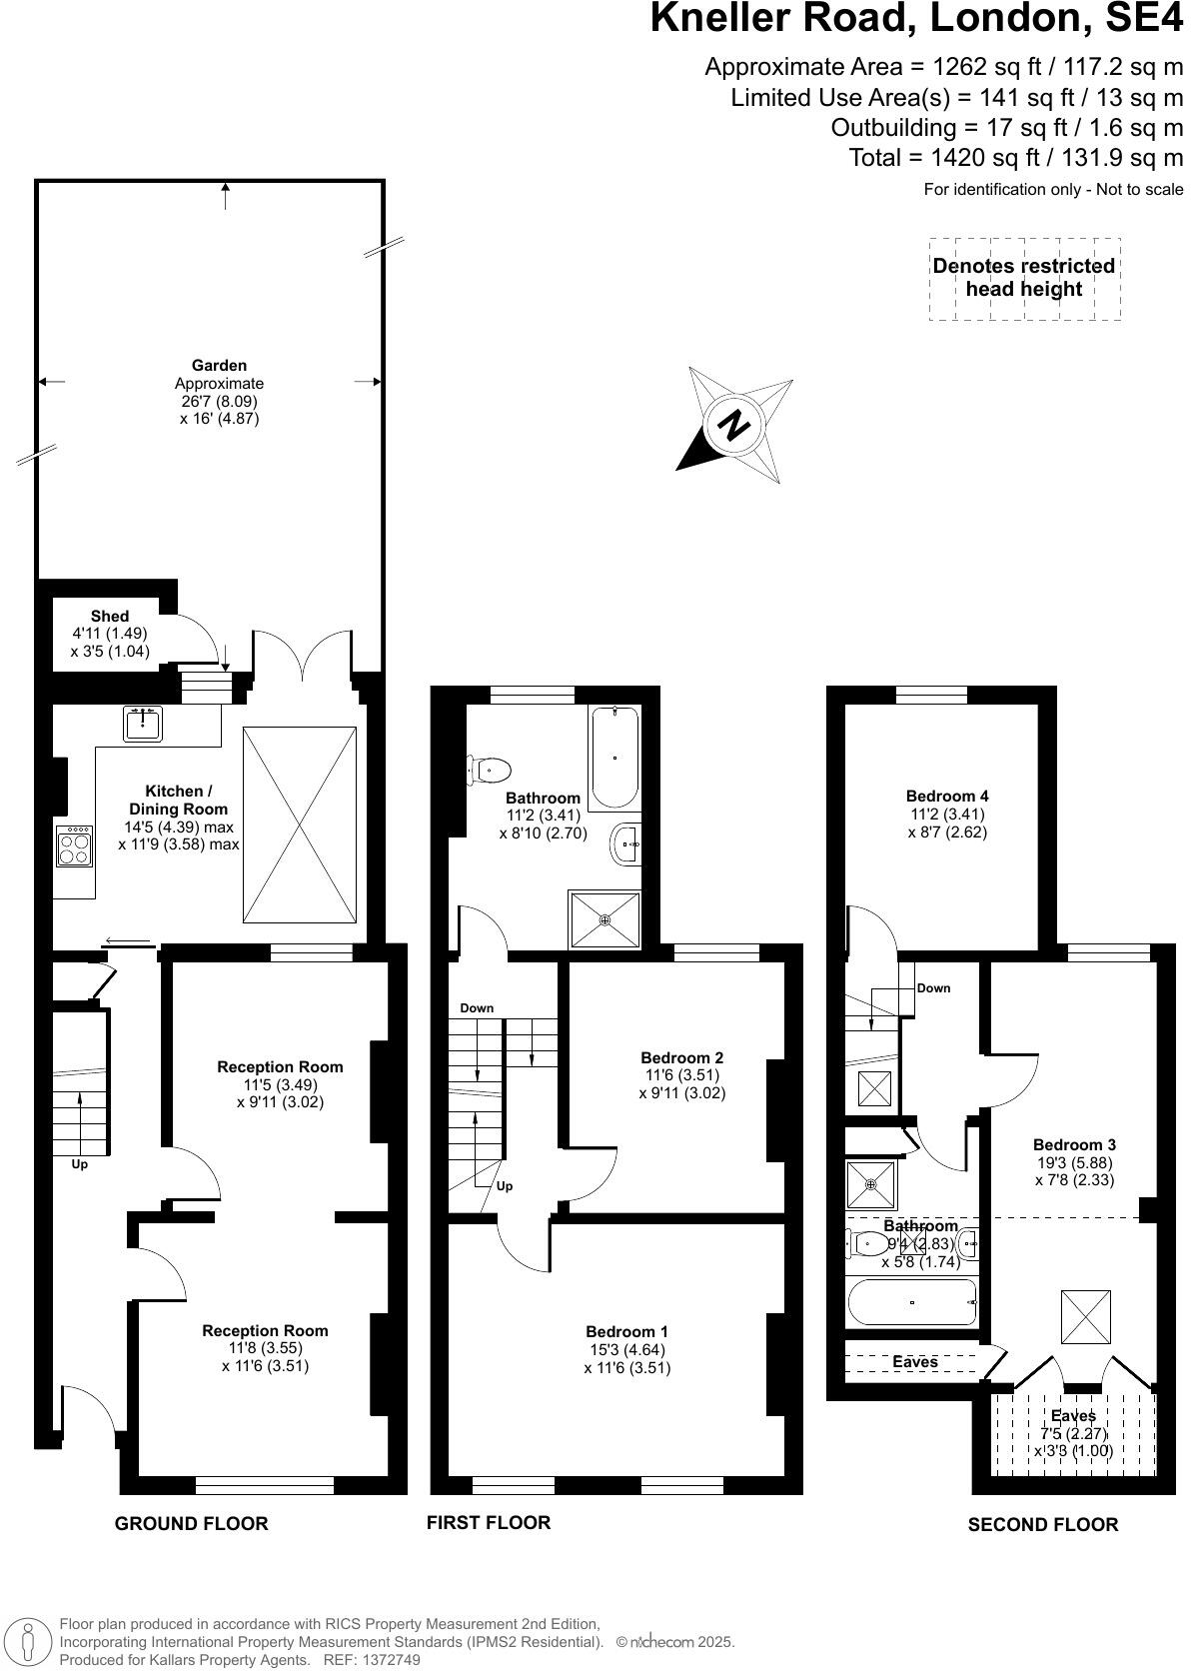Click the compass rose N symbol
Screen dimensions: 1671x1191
tap(734, 426)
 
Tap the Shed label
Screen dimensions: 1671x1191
tap(110, 616)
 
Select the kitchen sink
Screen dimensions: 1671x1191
tap(144, 723)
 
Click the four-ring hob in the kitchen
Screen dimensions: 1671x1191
tap(75, 847)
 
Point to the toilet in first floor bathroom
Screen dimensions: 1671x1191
tap(491, 771)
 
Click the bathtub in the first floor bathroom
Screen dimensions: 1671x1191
tap(614, 758)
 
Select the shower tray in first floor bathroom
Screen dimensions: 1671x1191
tap(604, 918)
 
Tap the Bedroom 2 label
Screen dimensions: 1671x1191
tap(681, 1057)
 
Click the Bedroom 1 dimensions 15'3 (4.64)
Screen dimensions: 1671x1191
tap(626, 1349)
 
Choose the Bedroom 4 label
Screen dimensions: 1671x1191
tap(946, 797)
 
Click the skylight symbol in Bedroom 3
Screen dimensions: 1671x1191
tap(1085, 1316)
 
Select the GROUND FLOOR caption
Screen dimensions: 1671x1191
tap(191, 1523)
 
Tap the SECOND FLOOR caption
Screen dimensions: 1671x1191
tap(1042, 1524)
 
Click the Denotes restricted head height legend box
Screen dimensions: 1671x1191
tap(1023, 278)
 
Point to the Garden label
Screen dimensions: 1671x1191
tap(219, 366)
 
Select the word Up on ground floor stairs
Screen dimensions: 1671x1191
tap(79, 1164)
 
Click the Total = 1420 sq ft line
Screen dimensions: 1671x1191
tap(1015, 157)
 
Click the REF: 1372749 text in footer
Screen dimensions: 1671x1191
tap(370, 1660)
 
